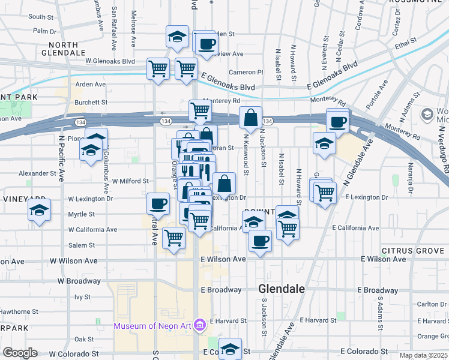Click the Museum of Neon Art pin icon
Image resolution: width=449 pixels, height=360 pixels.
[200, 326]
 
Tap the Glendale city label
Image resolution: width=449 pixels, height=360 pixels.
[282, 289]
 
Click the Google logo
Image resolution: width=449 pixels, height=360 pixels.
[20, 353]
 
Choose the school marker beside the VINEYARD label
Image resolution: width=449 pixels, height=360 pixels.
[40, 211]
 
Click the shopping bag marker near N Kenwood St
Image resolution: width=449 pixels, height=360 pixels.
[250, 118]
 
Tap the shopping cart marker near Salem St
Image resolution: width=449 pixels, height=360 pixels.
[174, 238]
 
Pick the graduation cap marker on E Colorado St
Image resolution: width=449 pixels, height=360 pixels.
[230, 349]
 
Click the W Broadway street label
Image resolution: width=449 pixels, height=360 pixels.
[79, 281]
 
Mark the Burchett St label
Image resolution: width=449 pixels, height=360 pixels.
[91, 102]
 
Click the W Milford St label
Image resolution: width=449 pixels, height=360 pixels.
[125, 181]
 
